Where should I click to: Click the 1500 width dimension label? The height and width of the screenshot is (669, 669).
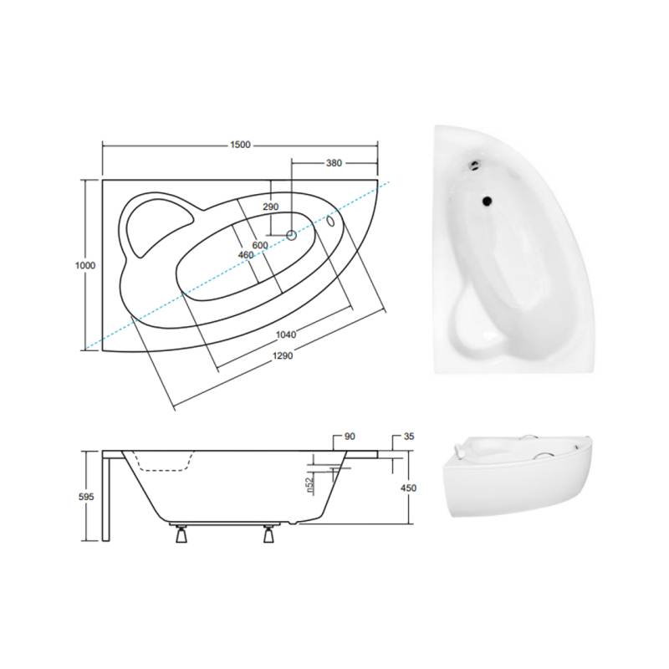point(240,145)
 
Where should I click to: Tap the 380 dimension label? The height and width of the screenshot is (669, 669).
point(334,162)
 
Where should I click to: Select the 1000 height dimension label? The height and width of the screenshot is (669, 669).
point(85,265)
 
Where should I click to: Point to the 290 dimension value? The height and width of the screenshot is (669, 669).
point(270,207)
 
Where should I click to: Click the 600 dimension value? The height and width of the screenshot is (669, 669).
point(260,245)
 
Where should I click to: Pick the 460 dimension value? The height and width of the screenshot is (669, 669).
point(246,255)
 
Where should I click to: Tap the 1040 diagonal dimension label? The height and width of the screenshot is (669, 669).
point(286,335)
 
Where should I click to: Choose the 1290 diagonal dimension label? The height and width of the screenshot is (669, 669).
point(283,355)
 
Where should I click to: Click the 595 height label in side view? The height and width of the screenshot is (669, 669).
point(86,497)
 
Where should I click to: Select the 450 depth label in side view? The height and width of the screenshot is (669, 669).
point(408,488)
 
